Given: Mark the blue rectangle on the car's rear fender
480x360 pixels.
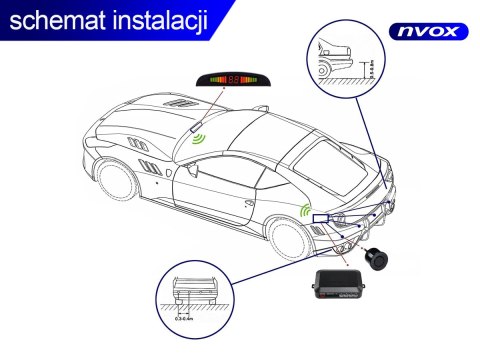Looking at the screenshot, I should point(321,218).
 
